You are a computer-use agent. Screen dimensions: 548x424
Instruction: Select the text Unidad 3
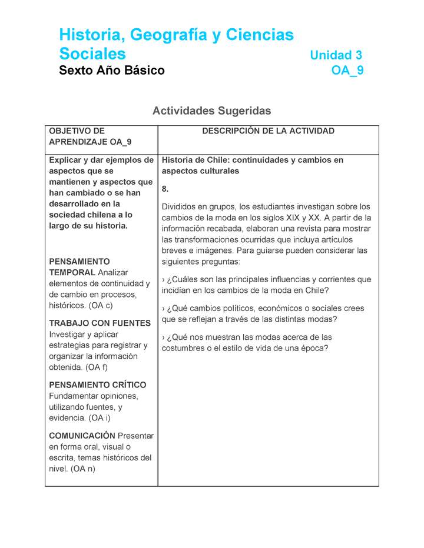(x=336, y=55)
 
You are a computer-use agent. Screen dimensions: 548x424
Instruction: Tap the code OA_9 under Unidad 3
(x=347, y=71)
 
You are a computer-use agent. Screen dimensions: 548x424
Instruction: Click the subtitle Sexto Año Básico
(x=112, y=71)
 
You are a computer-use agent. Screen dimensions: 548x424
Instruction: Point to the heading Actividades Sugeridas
(x=211, y=111)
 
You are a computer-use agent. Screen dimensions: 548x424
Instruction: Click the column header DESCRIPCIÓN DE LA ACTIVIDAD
(x=268, y=131)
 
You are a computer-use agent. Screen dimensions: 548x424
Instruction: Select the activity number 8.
(x=165, y=189)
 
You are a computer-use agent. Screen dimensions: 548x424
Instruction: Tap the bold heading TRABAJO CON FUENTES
(x=100, y=323)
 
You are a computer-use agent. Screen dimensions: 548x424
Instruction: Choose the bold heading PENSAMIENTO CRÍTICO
(x=97, y=385)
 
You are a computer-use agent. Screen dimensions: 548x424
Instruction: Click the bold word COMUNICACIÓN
(x=82, y=435)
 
